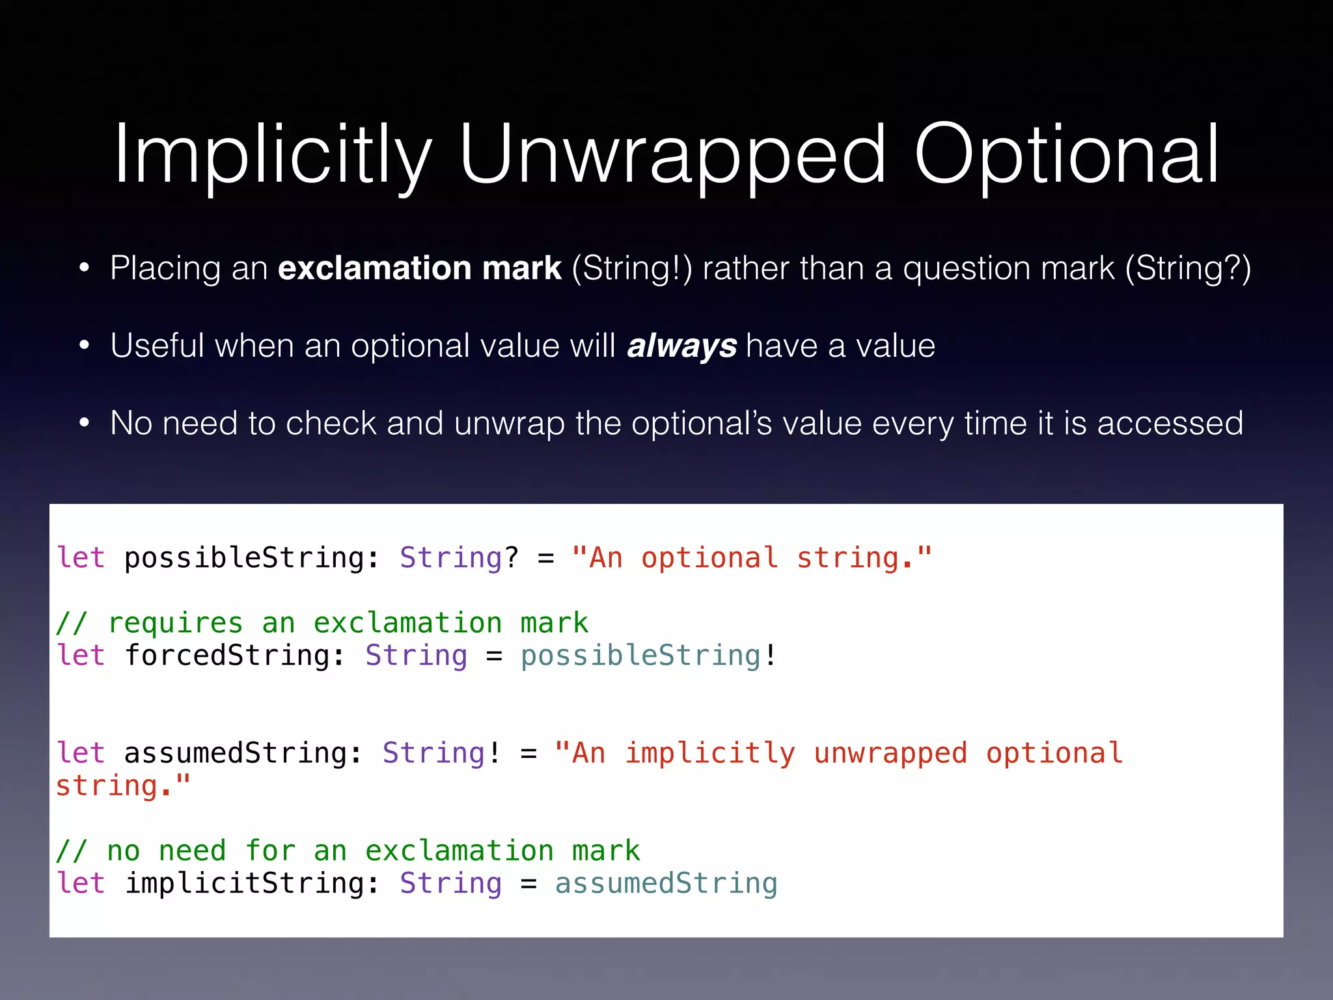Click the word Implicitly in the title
(x=272, y=156)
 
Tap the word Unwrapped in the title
(x=672, y=156)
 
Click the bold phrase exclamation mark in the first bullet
(x=419, y=268)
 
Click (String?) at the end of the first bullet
(x=1189, y=268)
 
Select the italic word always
(x=681, y=346)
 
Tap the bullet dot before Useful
(x=84, y=346)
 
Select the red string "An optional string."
(x=751, y=558)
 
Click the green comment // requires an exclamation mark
(x=322, y=623)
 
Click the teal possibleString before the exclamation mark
(x=640, y=656)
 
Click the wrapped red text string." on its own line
(x=122, y=786)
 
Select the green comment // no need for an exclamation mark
(x=348, y=851)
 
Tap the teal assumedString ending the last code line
(x=666, y=883)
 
